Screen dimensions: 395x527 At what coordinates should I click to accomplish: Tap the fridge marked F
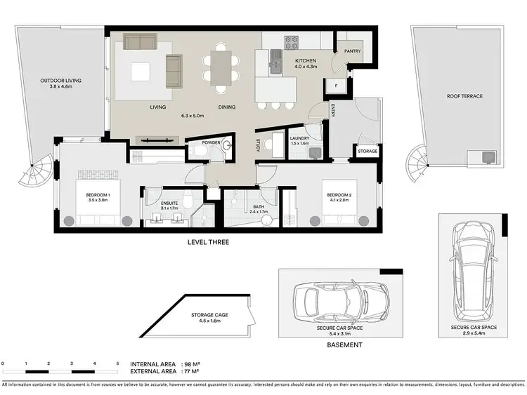pyautogui.click(x=336, y=86)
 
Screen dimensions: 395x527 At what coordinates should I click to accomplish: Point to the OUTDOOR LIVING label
pyautogui.click(x=60, y=81)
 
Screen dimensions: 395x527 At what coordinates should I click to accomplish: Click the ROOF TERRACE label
pyautogui.click(x=464, y=96)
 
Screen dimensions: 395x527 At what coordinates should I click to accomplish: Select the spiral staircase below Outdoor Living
pyautogui.click(x=36, y=172)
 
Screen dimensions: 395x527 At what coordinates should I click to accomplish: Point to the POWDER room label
pyautogui.click(x=212, y=142)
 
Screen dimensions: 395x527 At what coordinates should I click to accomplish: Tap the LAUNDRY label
pyautogui.click(x=300, y=139)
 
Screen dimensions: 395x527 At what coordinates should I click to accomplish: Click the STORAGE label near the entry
pyautogui.click(x=367, y=151)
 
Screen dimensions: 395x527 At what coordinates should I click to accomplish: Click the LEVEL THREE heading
pyautogui.click(x=207, y=243)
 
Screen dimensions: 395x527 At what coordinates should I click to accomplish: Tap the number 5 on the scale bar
pyautogui.click(x=117, y=363)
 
